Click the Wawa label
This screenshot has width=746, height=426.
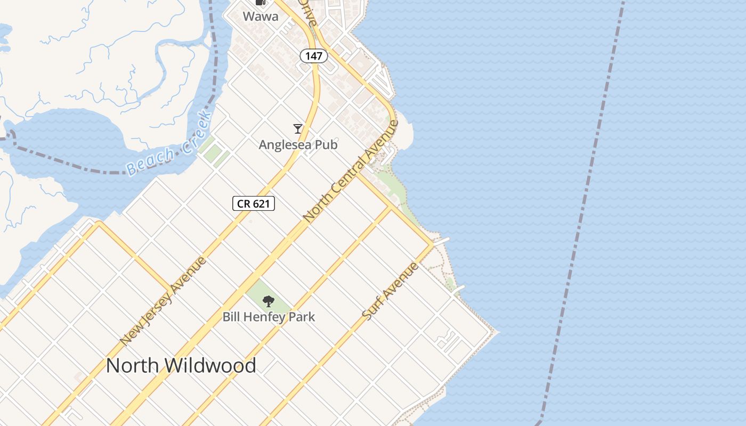click(261, 17)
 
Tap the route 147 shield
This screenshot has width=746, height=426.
click(314, 55)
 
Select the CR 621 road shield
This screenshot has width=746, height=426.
click(254, 203)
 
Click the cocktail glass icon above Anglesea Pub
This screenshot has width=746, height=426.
click(298, 128)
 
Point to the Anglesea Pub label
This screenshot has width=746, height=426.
click(298, 144)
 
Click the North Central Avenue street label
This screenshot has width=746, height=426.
click(351, 171)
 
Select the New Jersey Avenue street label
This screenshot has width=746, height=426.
click(163, 301)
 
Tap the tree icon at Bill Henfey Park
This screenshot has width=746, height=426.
click(269, 301)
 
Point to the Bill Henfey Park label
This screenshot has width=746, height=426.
click(269, 317)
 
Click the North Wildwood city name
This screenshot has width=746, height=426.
click(181, 366)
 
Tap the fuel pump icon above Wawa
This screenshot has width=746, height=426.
click(261, 2)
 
